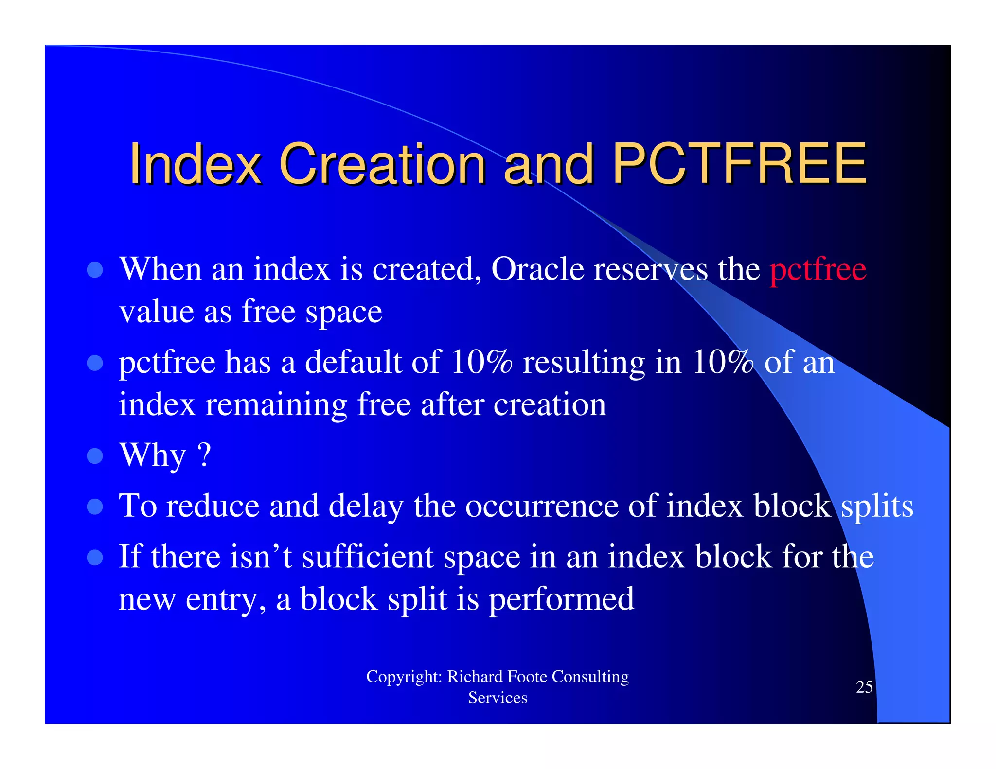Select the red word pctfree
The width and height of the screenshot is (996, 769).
[818, 269]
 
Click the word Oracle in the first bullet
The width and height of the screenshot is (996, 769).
[537, 269]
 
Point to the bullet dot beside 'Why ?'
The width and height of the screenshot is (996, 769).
[95, 456]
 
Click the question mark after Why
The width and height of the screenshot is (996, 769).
[205, 455]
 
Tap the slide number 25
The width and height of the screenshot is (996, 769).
[864, 687]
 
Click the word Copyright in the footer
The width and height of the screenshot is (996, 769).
[403, 676]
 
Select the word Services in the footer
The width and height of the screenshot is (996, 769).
[498, 698]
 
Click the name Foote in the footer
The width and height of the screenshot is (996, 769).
[527, 676]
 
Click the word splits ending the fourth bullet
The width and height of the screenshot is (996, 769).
[877, 506]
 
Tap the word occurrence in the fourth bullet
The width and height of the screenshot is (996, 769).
[542, 506]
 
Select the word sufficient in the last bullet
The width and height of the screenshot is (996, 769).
[368, 557]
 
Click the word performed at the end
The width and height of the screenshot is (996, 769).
[561, 599]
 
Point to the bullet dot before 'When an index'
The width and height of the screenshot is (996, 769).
[95, 270]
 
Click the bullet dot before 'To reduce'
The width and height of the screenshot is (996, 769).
[95, 507]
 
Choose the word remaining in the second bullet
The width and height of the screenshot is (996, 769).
[276, 404]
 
